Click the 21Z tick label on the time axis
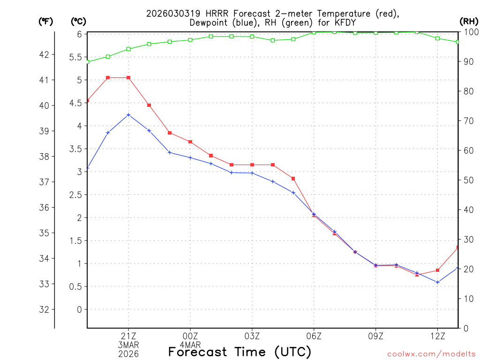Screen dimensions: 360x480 [128, 336]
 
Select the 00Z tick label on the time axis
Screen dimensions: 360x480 [190, 336]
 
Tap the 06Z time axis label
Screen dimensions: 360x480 [314, 336]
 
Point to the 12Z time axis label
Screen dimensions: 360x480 [438, 336]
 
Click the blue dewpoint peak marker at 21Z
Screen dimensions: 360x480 [128, 115]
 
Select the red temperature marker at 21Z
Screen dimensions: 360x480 [128, 78]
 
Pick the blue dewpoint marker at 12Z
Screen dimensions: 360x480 [438, 282]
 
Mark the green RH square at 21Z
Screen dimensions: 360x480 [128, 49]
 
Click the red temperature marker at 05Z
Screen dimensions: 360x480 [293, 179]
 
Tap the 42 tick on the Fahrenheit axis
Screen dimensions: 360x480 [44, 55]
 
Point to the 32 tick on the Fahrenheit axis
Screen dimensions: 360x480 [44, 310]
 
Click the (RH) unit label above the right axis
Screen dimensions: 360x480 [468, 21]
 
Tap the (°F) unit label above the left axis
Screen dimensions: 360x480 [45, 21]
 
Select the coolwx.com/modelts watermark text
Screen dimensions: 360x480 [431, 354]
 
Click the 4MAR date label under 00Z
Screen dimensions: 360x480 [190, 345]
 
